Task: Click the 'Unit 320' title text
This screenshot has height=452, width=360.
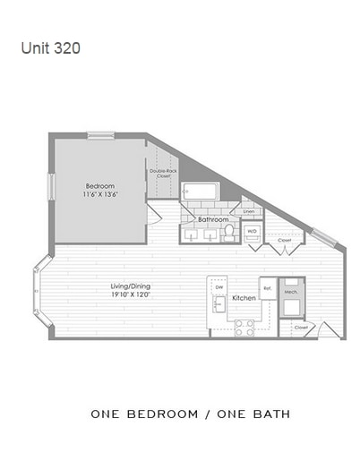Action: (50, 47)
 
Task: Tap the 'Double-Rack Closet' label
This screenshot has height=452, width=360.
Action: (161, 174)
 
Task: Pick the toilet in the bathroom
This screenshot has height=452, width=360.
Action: (229, 231)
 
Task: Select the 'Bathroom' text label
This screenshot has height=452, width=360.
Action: (213, 218)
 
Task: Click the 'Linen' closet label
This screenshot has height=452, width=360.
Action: (248, 211)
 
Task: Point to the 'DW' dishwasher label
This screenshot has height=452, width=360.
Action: (218, 286)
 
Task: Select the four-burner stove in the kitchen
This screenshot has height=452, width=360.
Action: (244, 328)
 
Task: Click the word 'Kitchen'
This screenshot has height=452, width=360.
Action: (244, 298)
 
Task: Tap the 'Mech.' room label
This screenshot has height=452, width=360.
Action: (291, 291)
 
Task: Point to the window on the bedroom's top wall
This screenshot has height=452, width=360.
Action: (100, 135)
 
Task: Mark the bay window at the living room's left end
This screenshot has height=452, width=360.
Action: (39, 290)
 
